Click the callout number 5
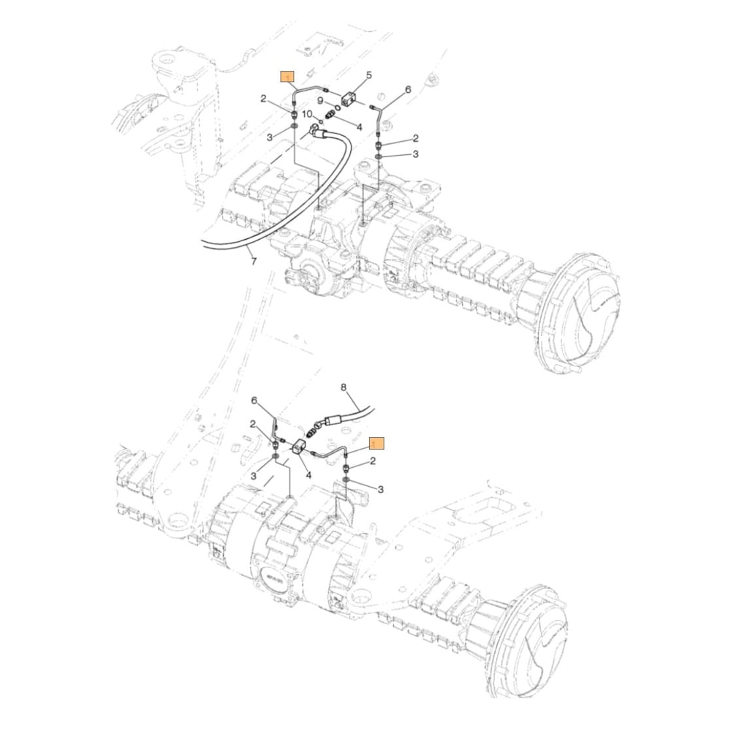pyautogui.click(x=368, y=75)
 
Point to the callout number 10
pyautogui.click(x=308, y=115)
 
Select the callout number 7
pyautogui.click(x=254, y=261)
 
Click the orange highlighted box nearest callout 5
pyautogui.click(x=288, y=75)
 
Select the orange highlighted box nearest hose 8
pyautogui.click(x=376, y=442)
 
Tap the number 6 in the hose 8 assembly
pyautogui.click(x=254, y=401)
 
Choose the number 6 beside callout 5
pyautogui.click(x=408, y=89)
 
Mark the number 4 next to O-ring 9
pyautogui.click(x=359, y=126)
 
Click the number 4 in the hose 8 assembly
pyautogui.click(x=308, y=474)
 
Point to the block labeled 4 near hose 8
pyautogui.click(x=299, y=448)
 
